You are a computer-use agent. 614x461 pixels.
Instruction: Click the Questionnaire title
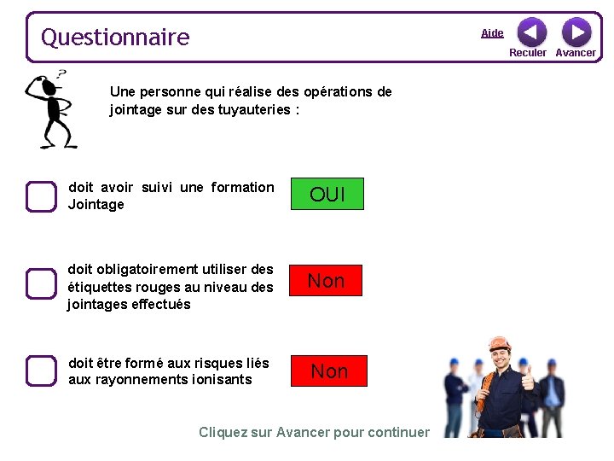click(x=115, y=38)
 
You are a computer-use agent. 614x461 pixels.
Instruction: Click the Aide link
click(x=492, y=33)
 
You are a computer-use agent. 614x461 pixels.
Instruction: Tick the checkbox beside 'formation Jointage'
click(x=40, y=196)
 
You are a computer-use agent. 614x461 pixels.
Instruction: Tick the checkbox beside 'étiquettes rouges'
click(x=40, y=283)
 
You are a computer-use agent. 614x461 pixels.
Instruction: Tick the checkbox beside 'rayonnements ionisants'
click(x=40, y=371)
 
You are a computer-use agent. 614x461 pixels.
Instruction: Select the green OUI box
click(x=327, y=194)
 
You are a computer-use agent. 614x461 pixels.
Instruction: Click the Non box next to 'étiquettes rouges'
click(x=326, y=281)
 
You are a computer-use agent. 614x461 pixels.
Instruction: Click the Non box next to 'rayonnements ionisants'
click(x=329, y=371)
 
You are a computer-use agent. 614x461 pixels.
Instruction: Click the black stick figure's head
click(x=49, y=87)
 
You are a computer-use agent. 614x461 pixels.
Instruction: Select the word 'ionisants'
click(x=223, y=379)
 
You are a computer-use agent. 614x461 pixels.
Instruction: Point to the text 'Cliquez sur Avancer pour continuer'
click(x=314, y=432)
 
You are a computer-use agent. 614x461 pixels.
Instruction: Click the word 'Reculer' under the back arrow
click(x=528, y=53)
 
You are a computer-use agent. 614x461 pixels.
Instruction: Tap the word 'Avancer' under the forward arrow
click(x=576, y=53)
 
